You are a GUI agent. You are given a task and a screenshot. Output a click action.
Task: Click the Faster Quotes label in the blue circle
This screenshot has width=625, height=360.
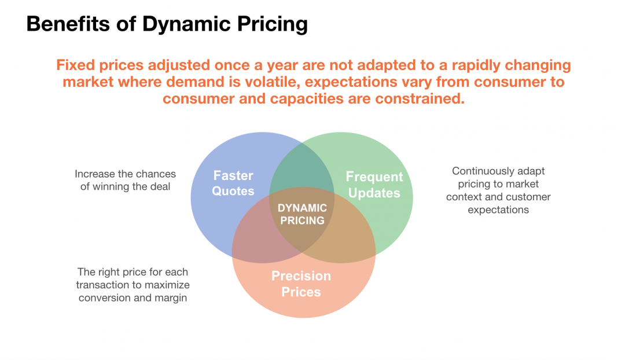pos(233,183)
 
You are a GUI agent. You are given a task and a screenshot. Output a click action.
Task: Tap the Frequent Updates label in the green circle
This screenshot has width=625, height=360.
pos(374,185)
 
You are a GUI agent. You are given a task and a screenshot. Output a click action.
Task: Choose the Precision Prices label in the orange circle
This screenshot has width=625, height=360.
pos(301,284)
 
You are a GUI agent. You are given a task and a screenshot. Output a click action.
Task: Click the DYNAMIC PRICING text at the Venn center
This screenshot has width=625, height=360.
pos(302,214)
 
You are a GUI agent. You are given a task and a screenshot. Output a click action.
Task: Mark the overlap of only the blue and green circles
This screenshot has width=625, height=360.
pos(301,168)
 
